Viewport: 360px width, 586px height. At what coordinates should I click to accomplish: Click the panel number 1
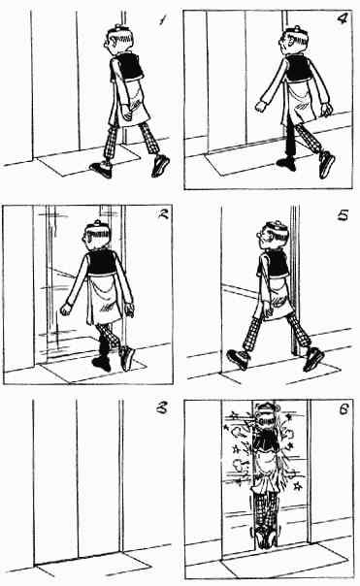162,19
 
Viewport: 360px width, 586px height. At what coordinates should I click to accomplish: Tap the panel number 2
162,214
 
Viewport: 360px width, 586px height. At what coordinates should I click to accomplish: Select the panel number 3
161,408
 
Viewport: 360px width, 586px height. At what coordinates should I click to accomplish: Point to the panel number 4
342,18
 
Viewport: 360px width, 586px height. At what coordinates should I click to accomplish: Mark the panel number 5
343,215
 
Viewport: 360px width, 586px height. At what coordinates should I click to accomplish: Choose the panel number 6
343,409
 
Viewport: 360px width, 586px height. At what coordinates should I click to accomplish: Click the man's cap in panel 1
117,29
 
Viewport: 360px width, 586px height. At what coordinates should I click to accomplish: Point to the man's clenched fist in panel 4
260,107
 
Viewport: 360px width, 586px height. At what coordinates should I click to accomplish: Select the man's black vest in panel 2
102,262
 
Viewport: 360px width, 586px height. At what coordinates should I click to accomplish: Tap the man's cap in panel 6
265,407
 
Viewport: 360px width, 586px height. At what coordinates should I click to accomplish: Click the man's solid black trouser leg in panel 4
290,141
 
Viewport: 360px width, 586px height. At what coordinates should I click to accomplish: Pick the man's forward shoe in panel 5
238,359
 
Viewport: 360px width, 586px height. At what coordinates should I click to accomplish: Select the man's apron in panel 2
105,299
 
